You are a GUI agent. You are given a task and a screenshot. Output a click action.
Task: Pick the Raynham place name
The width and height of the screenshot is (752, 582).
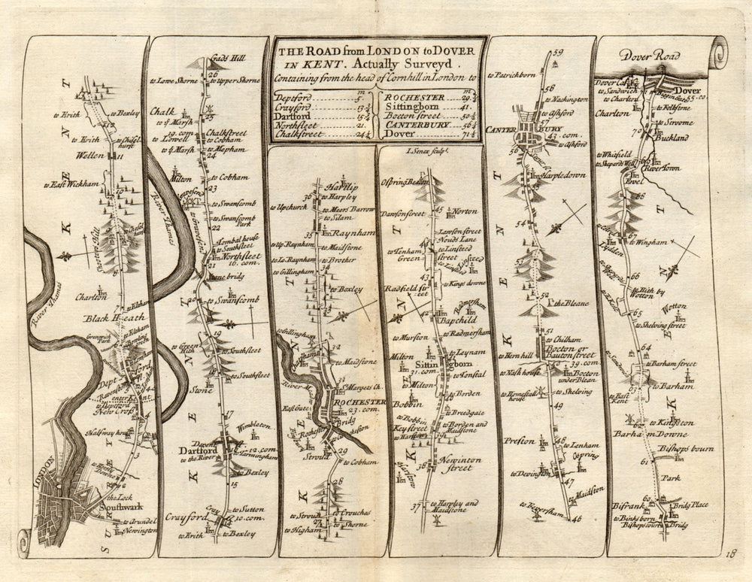(x=349, y=233)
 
